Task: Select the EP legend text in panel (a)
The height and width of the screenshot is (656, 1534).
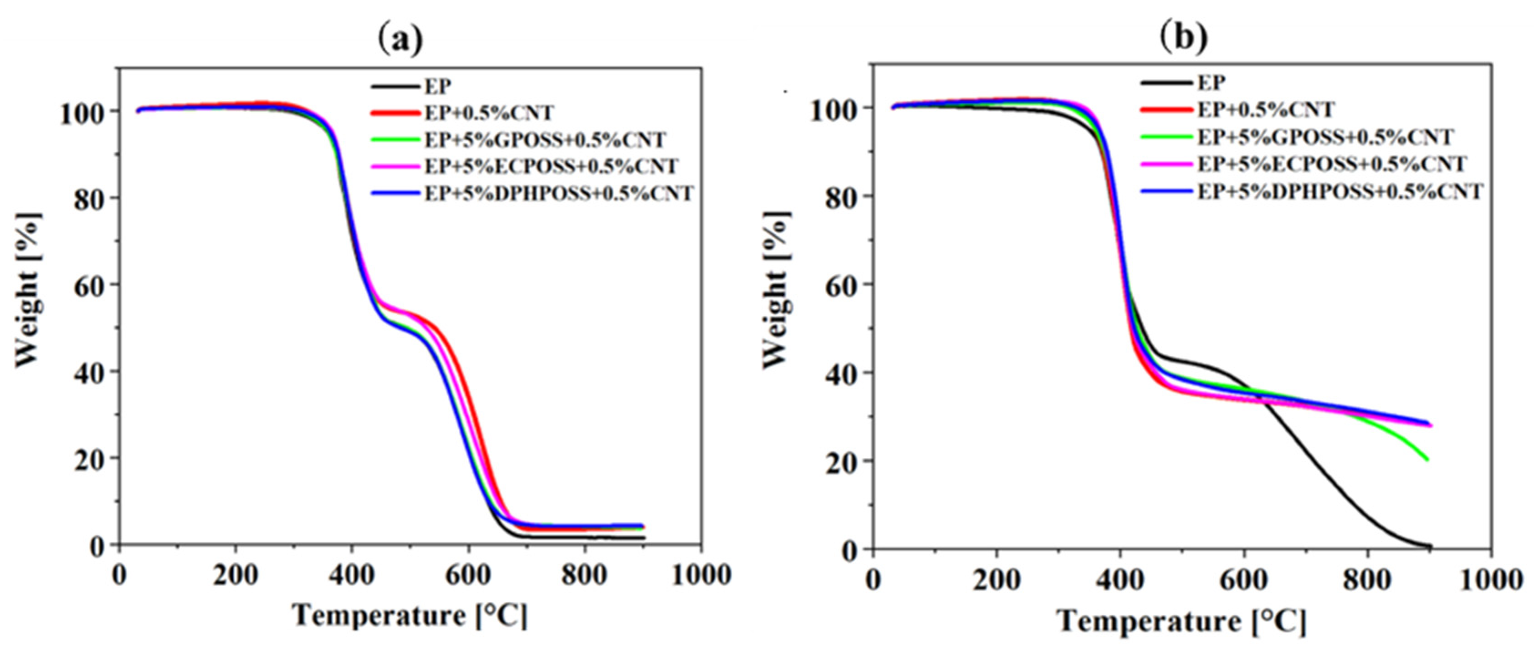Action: click(x=438, y=87)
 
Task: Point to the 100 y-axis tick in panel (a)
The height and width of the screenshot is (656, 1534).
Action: click(x=83, y=113)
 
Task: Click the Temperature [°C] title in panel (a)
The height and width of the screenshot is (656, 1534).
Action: click(x=410, y=615)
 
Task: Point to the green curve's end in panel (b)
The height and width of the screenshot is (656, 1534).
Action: click(x=1427, y=459)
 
